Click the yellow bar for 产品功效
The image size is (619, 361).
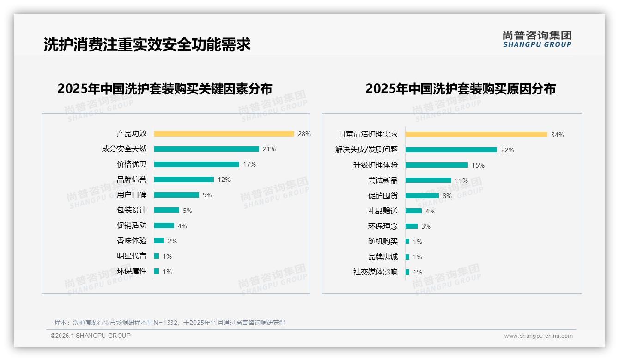coord(224,134)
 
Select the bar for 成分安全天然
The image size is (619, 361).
coord(206,149)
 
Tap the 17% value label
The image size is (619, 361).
coord(249,164)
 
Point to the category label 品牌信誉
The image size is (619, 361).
coord(132,180)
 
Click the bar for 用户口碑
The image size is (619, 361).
coord(176,195)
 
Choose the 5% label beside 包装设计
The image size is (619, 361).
coord(187,211)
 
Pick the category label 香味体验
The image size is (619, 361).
coord(132,241)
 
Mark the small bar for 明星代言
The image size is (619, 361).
coord(157,256)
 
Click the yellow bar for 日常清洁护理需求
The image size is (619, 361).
coord(476,135)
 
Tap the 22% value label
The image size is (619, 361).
coord(507,150)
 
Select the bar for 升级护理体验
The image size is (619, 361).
coord(437,165)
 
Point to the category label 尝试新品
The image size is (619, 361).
coord(383,180)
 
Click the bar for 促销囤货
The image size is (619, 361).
coord(422,196)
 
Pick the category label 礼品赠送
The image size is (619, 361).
coord(383,211)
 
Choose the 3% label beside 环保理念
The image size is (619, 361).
coord(425,226)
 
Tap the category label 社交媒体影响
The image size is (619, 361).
coord(376,272)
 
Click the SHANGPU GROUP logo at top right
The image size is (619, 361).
coord(537,39)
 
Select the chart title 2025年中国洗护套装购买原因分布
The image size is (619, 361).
coord(461,88)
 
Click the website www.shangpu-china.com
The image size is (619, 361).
coord(538,336)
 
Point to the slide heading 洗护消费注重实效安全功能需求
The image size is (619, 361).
coord(147,44)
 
